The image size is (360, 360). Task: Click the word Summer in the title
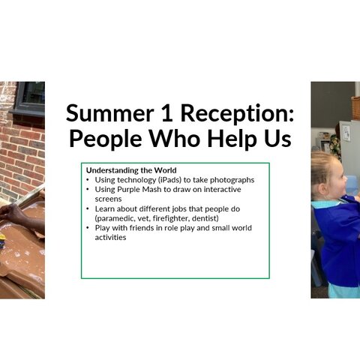tap(109, 113)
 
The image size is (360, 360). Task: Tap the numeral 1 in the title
tap(167, 113)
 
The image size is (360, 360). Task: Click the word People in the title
tap(106, 139)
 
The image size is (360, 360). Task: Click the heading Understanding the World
tap(131, 170)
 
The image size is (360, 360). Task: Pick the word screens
tap(108, 199)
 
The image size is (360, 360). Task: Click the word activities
tap(110, 238)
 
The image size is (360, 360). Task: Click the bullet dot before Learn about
tap(88, 208)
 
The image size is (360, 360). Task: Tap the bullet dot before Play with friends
tap(88, 227)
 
